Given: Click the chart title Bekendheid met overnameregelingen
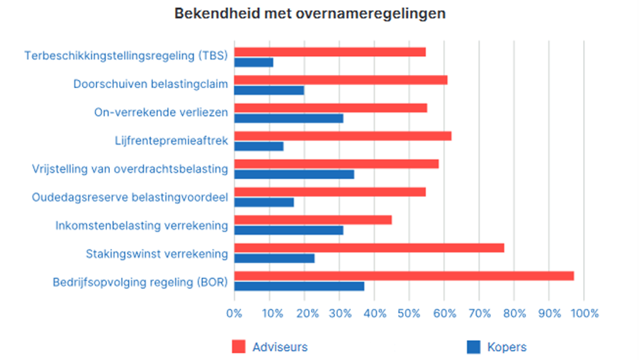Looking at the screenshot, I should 310,14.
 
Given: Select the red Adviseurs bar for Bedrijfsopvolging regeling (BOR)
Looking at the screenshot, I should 404,276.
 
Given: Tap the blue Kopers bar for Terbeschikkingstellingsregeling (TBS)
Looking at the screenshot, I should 254,62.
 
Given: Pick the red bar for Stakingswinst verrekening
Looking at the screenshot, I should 369,248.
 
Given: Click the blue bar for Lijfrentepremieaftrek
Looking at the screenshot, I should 259,146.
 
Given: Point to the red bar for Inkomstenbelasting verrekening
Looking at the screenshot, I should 312,220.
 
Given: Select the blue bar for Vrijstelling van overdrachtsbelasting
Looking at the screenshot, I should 294,174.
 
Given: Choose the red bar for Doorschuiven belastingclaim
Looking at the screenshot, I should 341,80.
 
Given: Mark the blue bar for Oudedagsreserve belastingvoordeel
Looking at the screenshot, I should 264,202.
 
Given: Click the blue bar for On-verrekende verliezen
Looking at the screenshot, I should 288,118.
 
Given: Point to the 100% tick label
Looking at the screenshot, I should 584,313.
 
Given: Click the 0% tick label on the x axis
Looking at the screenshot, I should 234,313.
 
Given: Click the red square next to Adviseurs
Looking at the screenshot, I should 239,347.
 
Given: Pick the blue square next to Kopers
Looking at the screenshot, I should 473,347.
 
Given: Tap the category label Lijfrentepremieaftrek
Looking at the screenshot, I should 171,141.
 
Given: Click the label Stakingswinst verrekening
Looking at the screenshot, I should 157,254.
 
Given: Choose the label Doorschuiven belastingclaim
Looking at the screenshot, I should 150,84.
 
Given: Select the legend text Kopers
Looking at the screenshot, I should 507,347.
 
